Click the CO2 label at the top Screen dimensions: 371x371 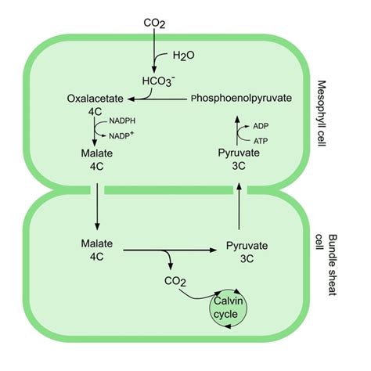(x=154, y=23)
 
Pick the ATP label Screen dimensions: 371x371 (x=260, y=140)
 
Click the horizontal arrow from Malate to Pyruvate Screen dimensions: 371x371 (x=168, y=250)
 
